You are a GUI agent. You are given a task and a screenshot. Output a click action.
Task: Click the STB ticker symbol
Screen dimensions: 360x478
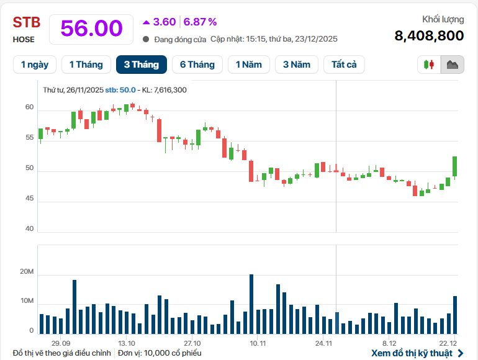coord(27,23)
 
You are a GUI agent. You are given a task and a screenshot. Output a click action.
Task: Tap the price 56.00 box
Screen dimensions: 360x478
coord(91,29)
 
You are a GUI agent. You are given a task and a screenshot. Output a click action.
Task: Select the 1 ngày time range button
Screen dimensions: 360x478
coord(35,65)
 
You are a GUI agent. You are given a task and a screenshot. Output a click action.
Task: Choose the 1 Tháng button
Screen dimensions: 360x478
coord(86,65)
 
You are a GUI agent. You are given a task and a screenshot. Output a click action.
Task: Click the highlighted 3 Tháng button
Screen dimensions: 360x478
coord(142,65)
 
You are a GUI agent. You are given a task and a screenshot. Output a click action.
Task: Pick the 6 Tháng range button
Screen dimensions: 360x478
coord(197,65)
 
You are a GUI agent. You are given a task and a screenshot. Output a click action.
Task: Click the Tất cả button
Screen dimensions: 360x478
coord(344,65)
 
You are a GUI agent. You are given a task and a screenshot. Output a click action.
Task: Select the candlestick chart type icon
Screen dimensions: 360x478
coord(428,65)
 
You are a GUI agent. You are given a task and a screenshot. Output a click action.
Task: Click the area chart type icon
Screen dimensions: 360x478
coord(452,65)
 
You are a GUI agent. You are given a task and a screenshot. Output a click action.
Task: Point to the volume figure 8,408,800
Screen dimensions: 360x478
coord(429,35)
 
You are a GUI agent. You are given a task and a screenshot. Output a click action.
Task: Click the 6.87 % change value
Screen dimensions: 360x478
coord(200,22)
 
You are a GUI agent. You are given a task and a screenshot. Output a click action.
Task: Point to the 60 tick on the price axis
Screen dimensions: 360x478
coord(29,107)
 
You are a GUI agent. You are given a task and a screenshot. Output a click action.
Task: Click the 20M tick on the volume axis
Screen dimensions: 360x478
coord(27,272)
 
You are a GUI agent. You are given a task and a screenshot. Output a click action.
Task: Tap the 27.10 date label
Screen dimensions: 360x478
coord(192,343)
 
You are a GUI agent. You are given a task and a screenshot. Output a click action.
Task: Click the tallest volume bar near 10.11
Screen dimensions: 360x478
coord(251,304)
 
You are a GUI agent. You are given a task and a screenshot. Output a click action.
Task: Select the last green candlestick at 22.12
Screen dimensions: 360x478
coord(455,166)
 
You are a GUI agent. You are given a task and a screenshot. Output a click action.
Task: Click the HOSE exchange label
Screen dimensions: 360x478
coord(24,39)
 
